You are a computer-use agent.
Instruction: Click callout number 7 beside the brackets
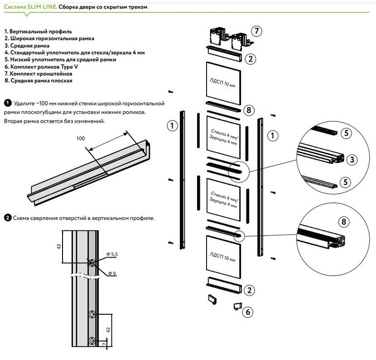(x=256, y=31)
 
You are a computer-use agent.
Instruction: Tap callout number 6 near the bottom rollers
(x=247, y=312)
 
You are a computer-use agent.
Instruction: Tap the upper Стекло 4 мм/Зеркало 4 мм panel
(x=223, y=137)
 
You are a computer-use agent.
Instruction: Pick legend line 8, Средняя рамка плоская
(x=38, y=80)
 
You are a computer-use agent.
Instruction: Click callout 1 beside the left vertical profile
(x=172, y=126)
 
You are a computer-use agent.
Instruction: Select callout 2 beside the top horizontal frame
(x=250, y=59)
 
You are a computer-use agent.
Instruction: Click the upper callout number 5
(x=346, y=134)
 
